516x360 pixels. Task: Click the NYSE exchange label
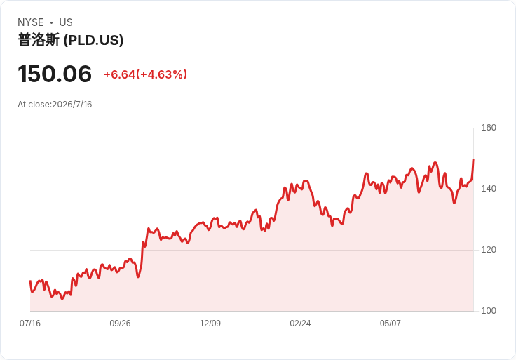pyautogui.click(x=31, y=22)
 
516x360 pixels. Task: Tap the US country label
pyautogui.click(x=66, y=22)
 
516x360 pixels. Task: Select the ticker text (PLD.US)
pyautogui.click(x=93, y=40)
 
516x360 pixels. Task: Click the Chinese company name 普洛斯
pyautogui.click(x=39, y=40)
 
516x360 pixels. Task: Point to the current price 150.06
pyautogui.click(x=55, y=74)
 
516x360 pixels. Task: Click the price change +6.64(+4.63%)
pyautogui.click(x=145, y=74)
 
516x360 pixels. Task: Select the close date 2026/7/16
pyautogui.click(x=72, y=105)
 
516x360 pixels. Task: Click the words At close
pyautogui.click(x=34, y=105)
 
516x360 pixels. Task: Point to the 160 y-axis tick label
pyautogui.click(x=489, y=128)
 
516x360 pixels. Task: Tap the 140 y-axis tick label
pyautogui.click(x=489, y=189)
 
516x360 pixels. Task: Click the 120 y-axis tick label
pyautogui.click(x=489, y=250)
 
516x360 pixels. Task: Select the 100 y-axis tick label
pyautogui.click(x=489, y=311)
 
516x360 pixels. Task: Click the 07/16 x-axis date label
pyautogui.click(x=30, y=324)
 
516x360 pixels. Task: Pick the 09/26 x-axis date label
pyautogui.click(x=120, y=324)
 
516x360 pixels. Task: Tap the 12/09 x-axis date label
pyautogui.click(x=210, y=324)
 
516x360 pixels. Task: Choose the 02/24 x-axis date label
pyautogui.click(x=300, y=324)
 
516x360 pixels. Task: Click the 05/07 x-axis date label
pyautogui.click(x=391, y=324)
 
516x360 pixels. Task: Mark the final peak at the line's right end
pyautogui.click(x=473, y=159)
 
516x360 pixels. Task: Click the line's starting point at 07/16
pyautogui.click(x=30, y=281)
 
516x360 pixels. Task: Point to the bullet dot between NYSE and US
pyautogui.click(x=51, y=22)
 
